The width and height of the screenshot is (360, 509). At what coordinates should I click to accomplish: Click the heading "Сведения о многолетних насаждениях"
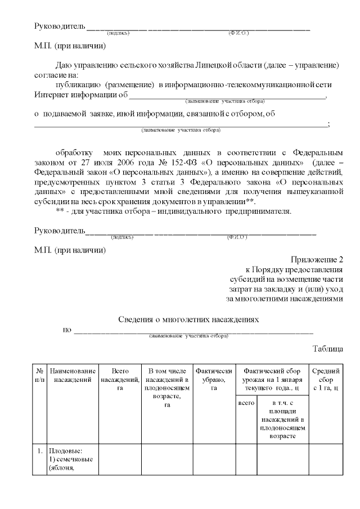[188, 319]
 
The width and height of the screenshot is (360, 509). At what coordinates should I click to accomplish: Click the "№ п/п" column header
[40, 375]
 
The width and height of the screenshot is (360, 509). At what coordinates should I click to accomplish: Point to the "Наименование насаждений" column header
[73, 375]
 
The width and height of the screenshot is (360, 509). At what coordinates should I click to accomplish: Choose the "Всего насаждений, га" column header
[120, 380]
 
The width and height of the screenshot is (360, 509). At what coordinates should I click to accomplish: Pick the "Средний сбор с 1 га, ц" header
[326, 380]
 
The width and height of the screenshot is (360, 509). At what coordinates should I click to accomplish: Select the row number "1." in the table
[40, 451]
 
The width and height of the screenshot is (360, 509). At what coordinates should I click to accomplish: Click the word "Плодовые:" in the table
[65, 451]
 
